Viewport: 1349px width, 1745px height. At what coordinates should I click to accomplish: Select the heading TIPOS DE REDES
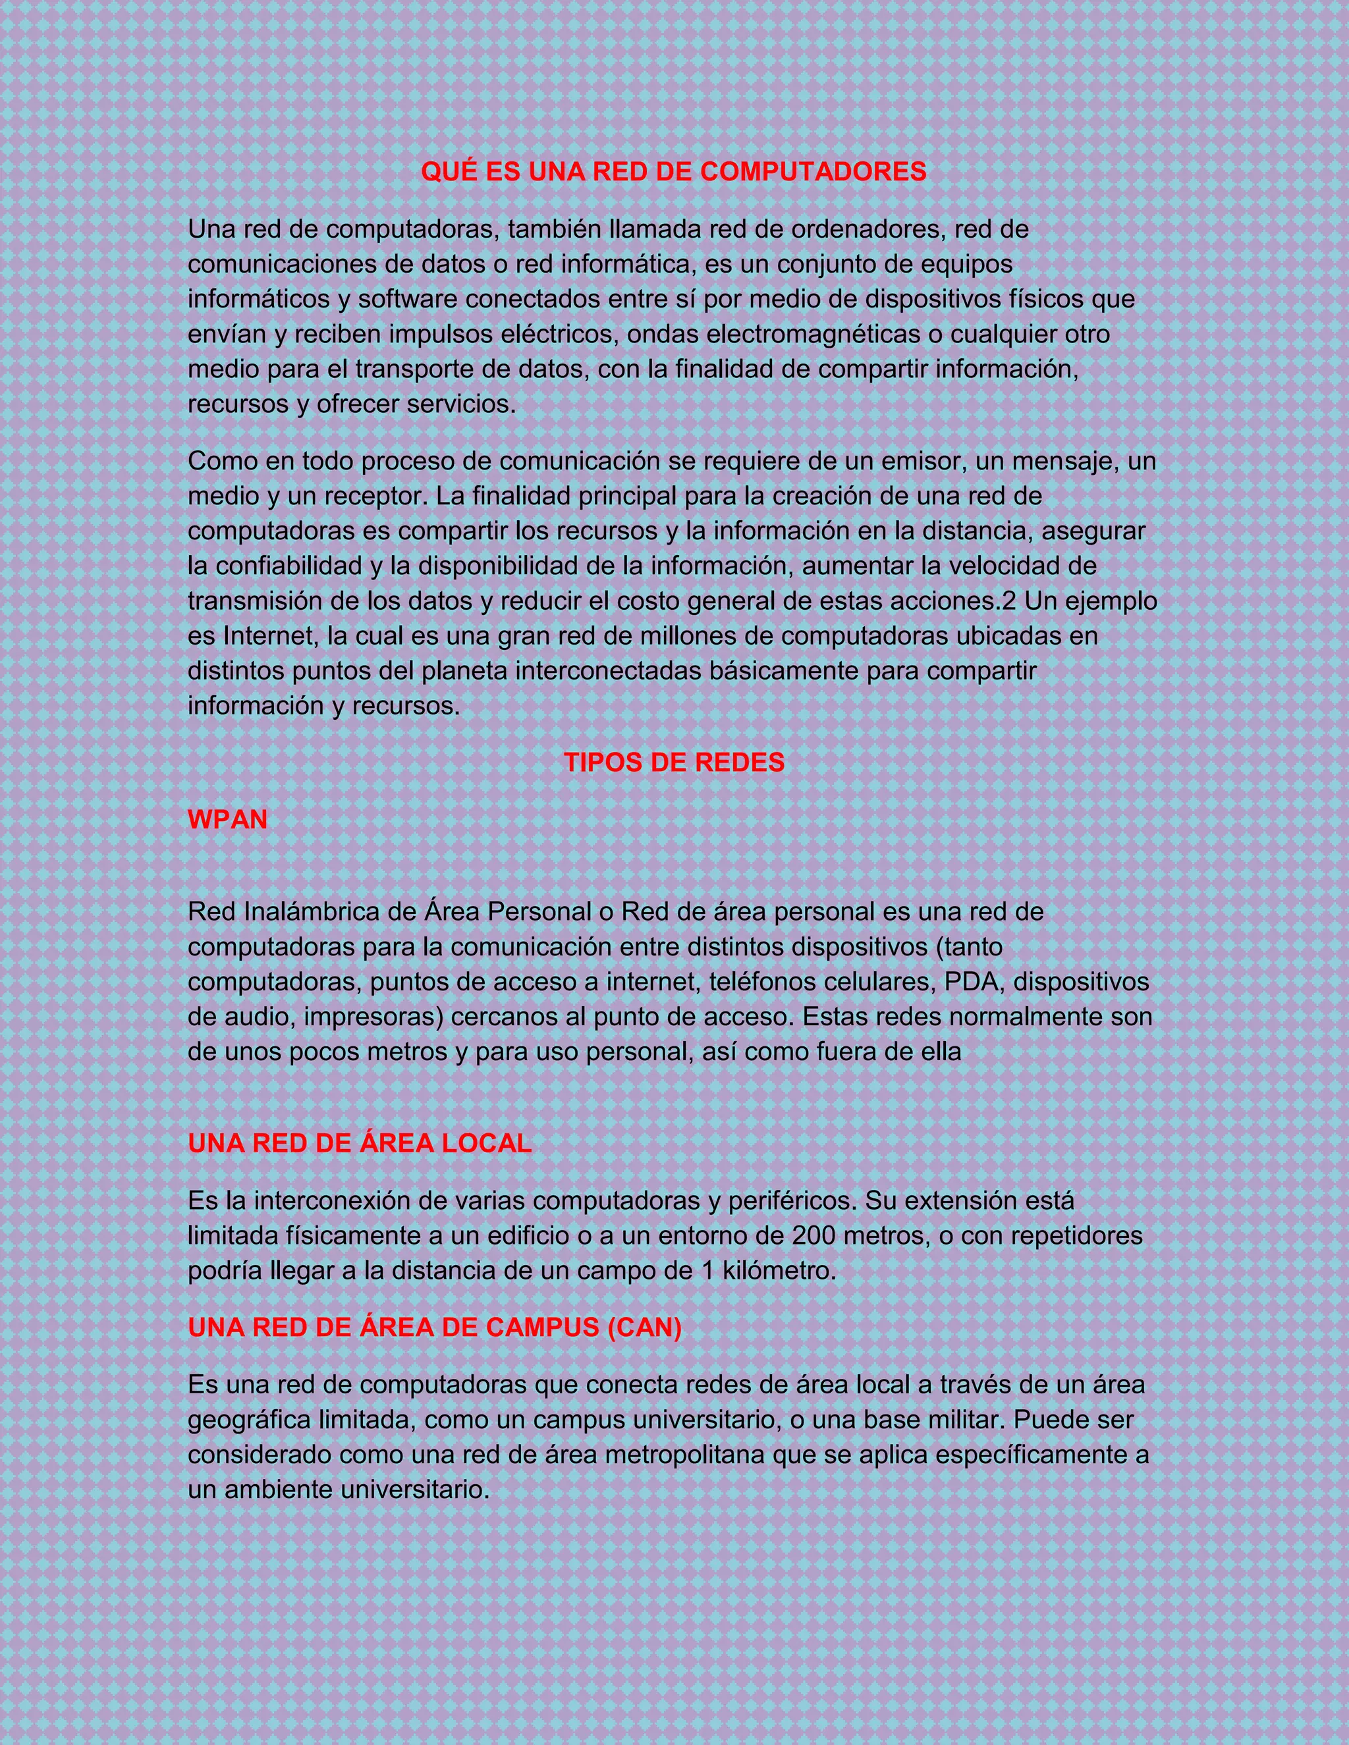click(674, 763)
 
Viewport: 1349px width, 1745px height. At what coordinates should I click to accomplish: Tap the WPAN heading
click(227, 820)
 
